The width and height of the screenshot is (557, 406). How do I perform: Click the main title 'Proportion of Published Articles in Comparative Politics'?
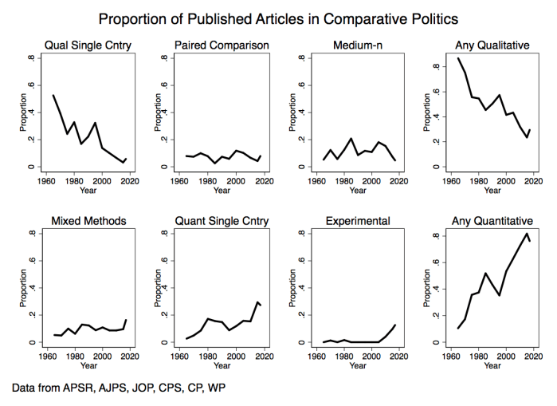pos(278,18)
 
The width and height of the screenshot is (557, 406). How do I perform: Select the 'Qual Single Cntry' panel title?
pos(88,45)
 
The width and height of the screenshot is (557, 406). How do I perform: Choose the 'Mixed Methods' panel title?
pos(88,220)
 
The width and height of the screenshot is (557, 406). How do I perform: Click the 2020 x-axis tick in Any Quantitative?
pos(533,357)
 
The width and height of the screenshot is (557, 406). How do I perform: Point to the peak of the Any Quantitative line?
pos(527,233)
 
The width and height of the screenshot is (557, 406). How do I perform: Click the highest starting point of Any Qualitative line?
pos(458,58)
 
